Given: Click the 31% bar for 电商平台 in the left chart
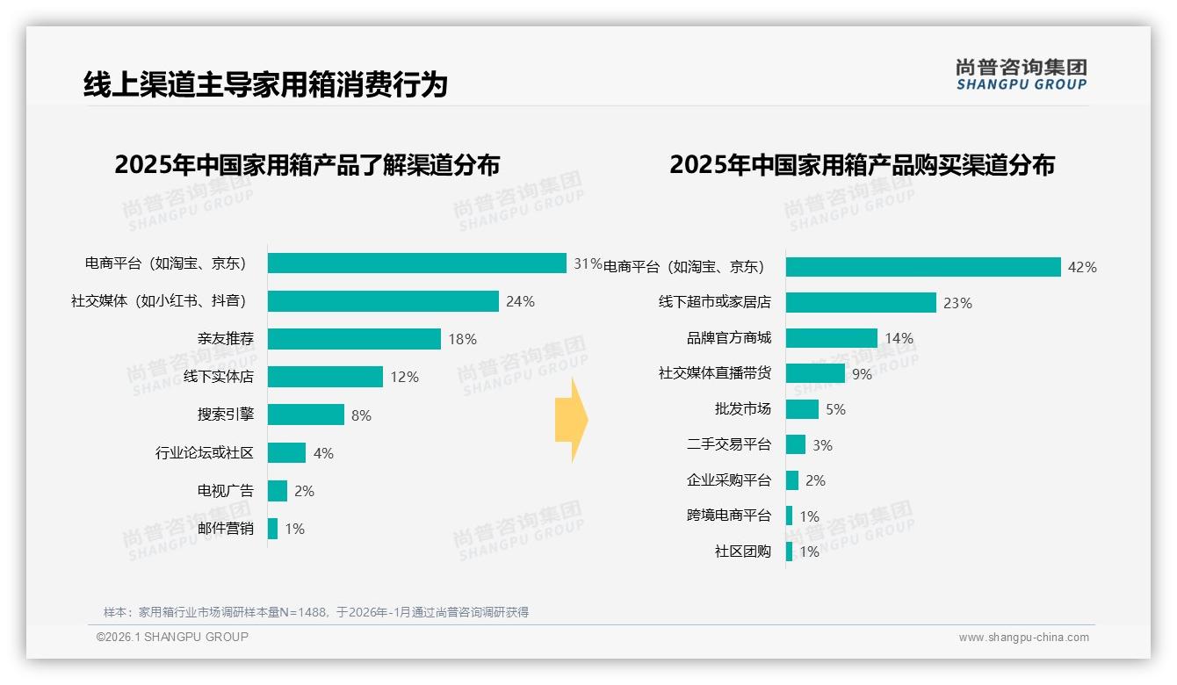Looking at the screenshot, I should click(x=417, y=263).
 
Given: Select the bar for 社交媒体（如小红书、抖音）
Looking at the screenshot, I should click(x=383, y=301).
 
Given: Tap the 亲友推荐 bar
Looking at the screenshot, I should click(x=354, y=339).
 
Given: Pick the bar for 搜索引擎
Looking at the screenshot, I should click(x=306, y=415).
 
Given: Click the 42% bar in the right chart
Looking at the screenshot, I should click(x=923, y=267).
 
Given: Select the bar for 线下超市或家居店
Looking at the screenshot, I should click(x=861, y=303).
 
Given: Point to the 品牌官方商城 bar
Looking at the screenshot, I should click(x=832, y=338).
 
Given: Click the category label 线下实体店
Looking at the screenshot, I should click(x=218, y=377).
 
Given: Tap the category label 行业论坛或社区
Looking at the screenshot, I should click(x=204, y=453).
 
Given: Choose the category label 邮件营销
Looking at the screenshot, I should click(x=225, y=529).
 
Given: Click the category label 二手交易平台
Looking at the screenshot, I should click(x=728, y=445).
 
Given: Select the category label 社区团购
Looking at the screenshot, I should click(x=742, y=552).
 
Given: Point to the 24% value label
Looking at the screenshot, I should click(x=520, y=301).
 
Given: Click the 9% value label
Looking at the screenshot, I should click(x=862, y=374).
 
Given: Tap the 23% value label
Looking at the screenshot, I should click(x=957, y=303).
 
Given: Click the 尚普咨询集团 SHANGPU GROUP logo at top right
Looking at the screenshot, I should click(x=1021, y=75).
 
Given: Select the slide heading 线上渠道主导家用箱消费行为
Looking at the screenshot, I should click(x=265, y=84).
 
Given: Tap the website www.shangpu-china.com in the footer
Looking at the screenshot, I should click(x=1023, y=638).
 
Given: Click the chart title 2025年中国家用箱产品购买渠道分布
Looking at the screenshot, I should click(x=862, y=165).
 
